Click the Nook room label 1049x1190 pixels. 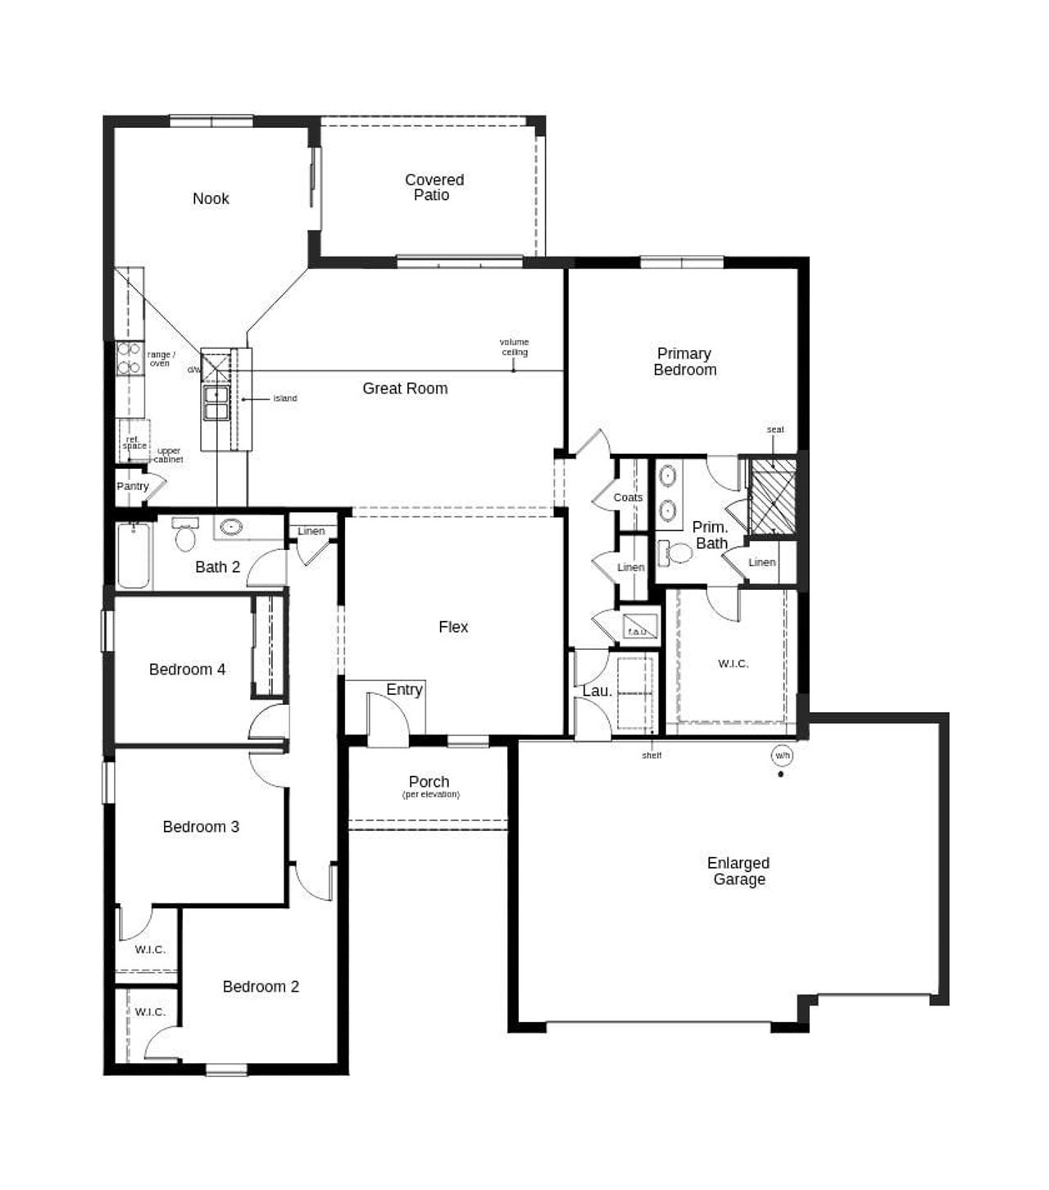click(x=211, y=198)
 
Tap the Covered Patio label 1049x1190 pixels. click(x=434, y=187)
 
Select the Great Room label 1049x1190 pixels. click(x=405, y=388)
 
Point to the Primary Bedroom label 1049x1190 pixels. click(x=684, y=361)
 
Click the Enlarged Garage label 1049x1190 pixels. click(x=738, y=870)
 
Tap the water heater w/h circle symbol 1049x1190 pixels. click(x=782, y=755)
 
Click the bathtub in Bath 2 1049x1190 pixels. click(x=134, y=556)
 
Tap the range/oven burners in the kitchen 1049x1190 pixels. click(x=129, y=358)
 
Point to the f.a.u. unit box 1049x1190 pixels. click(x=637, y=627)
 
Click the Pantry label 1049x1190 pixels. click(x=132, y=486)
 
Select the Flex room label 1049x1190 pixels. click(x=453, y=627)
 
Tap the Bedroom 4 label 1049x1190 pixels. click(x=187, y=670)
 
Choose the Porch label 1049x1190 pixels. click(x=429, y=782)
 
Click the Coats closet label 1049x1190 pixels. click(x=628, y=497)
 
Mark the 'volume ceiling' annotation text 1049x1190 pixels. click(x=515, y=347)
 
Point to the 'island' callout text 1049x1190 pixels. click(x=285, y=398)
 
